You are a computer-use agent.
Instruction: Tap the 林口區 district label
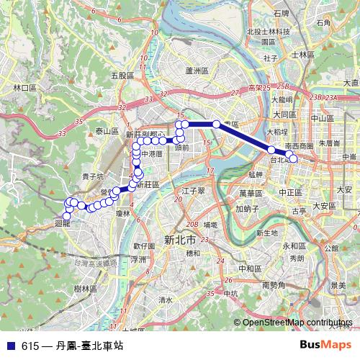(24, 87)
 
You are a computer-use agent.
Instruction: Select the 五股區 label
(123, 75)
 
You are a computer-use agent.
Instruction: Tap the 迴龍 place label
(63, 224)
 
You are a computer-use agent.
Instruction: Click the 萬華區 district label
(253, 194)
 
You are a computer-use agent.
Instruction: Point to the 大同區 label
(284, 114)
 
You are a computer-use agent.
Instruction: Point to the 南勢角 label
(275, 285)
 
